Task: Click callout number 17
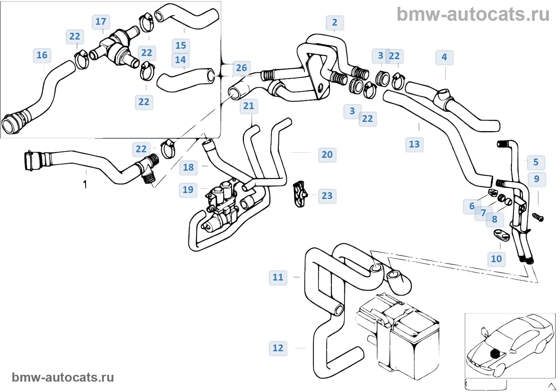coord(101,22)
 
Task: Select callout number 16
coord(42,55)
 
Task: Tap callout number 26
coord(241,68)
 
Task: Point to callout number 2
coord(334,22)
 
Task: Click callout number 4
coord(444,57)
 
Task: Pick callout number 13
coord(414,144)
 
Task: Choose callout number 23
coord(327,196)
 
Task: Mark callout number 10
coord(496,259)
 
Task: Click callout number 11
coord(278,277)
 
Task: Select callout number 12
coord(278,348)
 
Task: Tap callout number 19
coord(188,189)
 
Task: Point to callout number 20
coord(327,155)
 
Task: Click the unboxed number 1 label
coord(85,185)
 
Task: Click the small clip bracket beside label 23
coord(300,194)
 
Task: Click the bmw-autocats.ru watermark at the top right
coord(473,14)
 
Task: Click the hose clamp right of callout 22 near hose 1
coord(168,148)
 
